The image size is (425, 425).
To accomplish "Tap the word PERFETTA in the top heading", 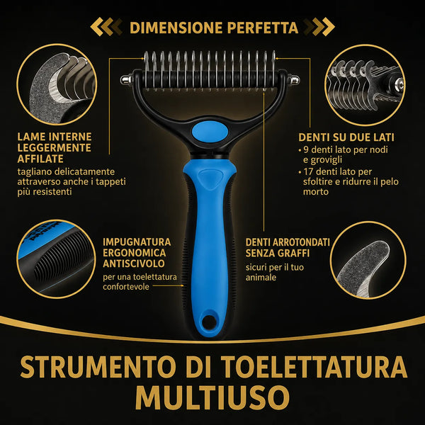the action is coord(263,28).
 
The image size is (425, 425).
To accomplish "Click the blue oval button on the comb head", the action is coord(210,132).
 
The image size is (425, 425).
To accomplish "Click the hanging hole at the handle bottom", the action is coord(209,322).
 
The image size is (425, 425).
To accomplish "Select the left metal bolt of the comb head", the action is coord(127,79).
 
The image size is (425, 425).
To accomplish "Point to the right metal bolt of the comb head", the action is coord(293,79).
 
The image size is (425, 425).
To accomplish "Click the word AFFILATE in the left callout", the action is coord(40,159).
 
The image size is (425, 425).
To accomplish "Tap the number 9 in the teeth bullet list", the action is coord(306,149).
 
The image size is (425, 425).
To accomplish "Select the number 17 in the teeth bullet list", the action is coord(308,171).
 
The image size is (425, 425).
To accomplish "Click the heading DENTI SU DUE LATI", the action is coord(346,137).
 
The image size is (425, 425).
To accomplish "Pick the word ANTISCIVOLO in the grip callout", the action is coord(134,263).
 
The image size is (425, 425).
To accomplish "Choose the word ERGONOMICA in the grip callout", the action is coord(134,253).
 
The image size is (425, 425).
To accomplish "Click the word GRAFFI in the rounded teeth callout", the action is coord(293,253).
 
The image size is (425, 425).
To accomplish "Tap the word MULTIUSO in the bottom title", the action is coord(212,398).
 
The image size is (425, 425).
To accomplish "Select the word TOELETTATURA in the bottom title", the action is coord(314,366).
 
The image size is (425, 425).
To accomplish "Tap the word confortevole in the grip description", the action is coord(126,287).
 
